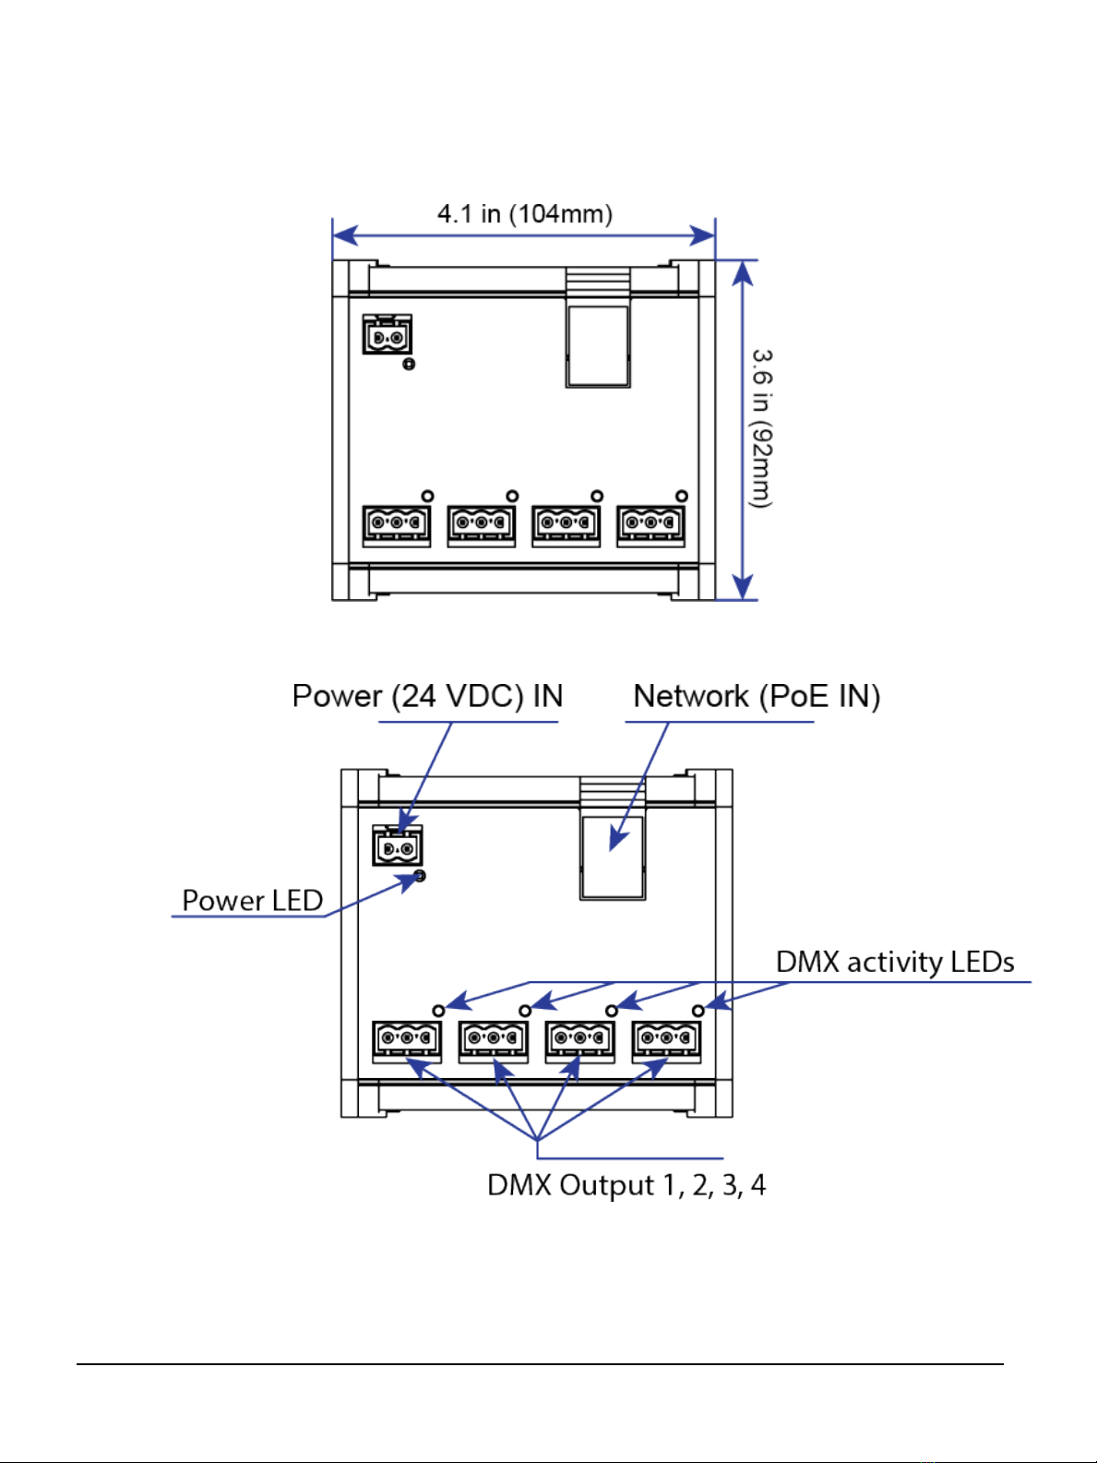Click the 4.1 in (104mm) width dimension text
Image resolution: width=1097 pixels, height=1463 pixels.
[x=525, y=215]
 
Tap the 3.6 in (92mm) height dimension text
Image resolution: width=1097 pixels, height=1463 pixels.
[x=761, y=428]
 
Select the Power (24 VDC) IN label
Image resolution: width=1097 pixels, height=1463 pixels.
[x=427, y=697]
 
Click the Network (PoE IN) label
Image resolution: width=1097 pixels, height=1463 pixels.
[x=757, y=697]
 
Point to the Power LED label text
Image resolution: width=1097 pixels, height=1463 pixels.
[x=253, y=901]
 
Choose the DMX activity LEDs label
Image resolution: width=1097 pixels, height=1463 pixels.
[x=895, y=962]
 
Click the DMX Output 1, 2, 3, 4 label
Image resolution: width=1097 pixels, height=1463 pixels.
[x=626, y=1185]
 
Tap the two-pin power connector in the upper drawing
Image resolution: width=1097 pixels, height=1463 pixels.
[x=387, y=334]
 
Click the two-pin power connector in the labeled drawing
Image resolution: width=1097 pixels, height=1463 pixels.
[x=398, y=845]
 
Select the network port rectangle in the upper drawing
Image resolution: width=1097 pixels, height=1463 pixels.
[x=598, y=346]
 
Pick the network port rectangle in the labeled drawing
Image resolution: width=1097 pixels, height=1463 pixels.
[x=613, y=858]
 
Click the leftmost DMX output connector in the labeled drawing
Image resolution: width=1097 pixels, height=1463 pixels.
[x=407, y=1042]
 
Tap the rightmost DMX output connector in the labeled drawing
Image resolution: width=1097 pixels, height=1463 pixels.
[x=667, y=1042]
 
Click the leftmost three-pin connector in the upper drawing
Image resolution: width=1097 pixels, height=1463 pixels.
[x=397, y=526]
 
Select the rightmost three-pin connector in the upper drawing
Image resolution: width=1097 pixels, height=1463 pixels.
[x=650, y=526]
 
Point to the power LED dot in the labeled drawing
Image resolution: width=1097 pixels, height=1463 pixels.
[x=420, y=876]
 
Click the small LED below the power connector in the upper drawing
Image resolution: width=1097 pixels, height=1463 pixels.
[x=409, y=364]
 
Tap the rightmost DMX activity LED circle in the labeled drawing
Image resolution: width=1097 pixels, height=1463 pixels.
[x=698, y=1011]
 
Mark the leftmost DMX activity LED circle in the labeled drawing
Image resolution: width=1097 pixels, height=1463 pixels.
[x=438, y=1011]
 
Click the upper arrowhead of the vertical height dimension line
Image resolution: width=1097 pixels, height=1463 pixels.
[x=743, y=272]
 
